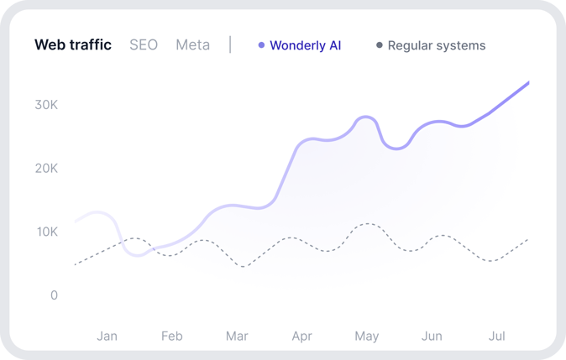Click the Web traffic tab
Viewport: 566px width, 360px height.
point(73,45)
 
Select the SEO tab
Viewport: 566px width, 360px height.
point(144,45)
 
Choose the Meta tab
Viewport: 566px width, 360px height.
point(192,45)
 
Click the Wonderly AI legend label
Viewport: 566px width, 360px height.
point(306,45)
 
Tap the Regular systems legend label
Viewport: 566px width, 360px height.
point(437,45)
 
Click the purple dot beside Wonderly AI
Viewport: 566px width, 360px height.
point(262,45)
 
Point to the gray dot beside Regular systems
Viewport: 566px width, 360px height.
point(380,45)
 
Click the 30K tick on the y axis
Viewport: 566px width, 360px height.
point(45,105)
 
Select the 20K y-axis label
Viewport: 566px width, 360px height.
point(45,168)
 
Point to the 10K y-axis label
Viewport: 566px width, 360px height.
point(45,232)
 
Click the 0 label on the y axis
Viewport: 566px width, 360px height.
point(54,295)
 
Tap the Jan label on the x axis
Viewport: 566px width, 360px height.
point(107,337)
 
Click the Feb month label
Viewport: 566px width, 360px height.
point(171,337)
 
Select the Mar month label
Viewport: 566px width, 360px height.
point(237,337)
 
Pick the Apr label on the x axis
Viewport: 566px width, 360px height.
point(301,337)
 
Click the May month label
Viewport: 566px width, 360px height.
point(366,337)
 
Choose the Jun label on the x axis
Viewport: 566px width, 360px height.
point(432,337)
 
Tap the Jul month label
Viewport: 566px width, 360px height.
point(497,337)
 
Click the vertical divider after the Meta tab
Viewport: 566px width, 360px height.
point(230,44)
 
